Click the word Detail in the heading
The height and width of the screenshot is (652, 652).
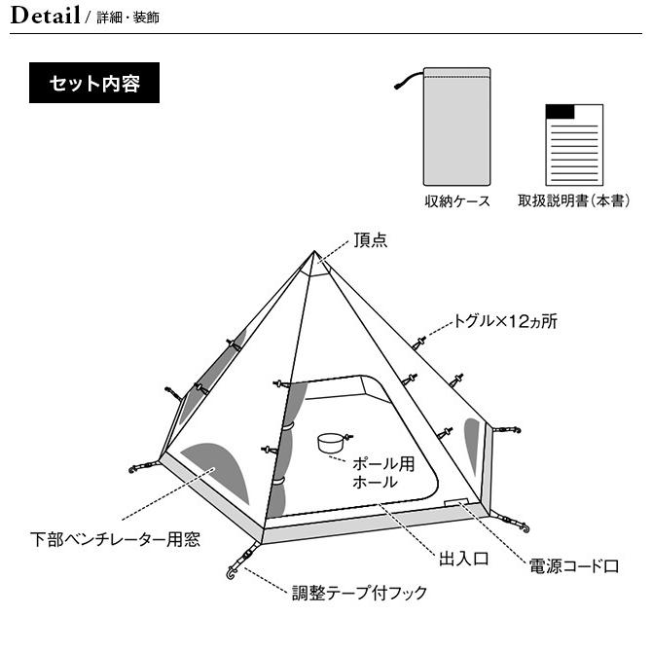(x=45, y=16)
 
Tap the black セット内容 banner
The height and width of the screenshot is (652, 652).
(x=94, y=83)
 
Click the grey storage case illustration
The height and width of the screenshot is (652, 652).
(x=457, y=127)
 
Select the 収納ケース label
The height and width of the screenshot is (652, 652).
(x=457, y=201)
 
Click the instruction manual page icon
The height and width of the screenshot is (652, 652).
(x=574, y=145)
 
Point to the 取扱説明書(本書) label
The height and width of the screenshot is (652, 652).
(x=574, y=200)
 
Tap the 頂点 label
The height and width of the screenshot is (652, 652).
(x=371, y=240)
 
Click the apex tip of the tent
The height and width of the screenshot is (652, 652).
(x=314, y=251)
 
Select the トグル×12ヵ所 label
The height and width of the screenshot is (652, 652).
(x=505, y=321)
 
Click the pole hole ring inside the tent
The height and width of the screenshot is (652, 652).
(x=331, y=443)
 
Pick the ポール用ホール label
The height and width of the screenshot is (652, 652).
(x=383, y=473)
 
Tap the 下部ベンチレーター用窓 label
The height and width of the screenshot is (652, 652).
(x=115, y=539)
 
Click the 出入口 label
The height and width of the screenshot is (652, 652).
(x=463, y=559)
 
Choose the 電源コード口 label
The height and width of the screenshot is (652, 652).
(x=574, y=566)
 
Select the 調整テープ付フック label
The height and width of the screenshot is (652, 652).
(x=359, y=593)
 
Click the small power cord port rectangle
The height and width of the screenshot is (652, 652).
(x=456, y=502)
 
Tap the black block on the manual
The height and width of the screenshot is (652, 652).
(x=560, y=112)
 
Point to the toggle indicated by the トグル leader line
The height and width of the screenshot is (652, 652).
(x=419, y=344)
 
